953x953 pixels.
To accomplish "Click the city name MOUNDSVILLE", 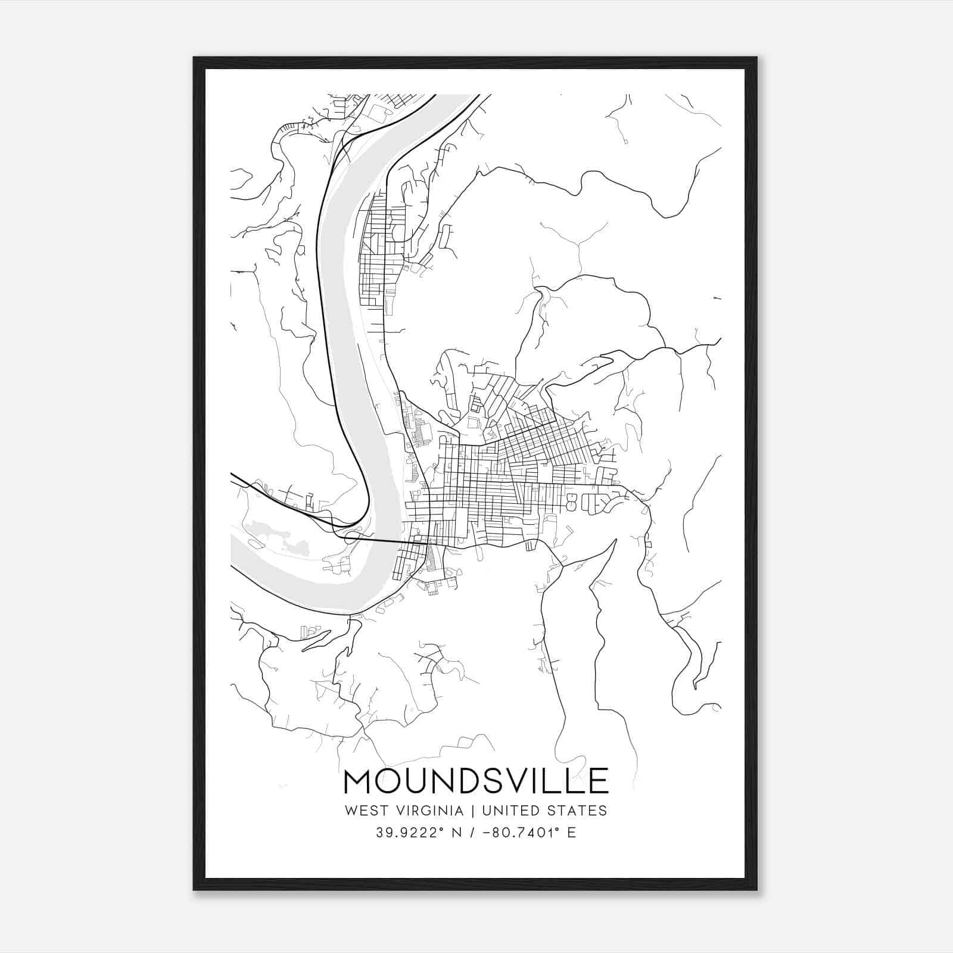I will [x=476, y=781].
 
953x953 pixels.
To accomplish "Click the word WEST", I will [x=361, y=811].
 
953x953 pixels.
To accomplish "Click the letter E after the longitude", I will [x=572, y=833].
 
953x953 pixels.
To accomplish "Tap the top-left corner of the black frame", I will [x=194, y=58].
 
